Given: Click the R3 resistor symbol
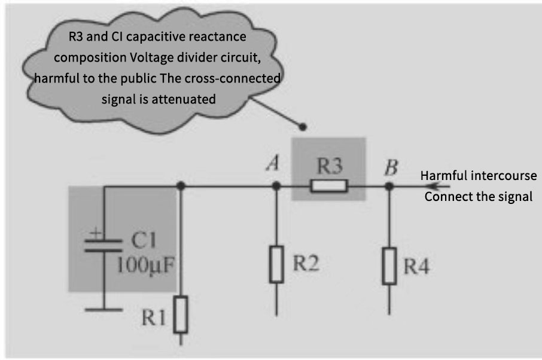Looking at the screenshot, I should pyautogui.click(x=328, y=187).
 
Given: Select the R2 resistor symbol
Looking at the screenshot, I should pyautogui.click(x=276, y=263).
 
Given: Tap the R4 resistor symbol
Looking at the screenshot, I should pyautogui.click(x=389, y=266).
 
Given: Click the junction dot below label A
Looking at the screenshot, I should pyautogui.click(x=276, y=187).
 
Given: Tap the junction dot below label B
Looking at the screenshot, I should pyautogui.click(x=389, y=187).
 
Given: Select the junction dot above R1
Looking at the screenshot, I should pyautogui.click(x=181, y=187).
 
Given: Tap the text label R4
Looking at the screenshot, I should pyautogui.click(x=416, y=266).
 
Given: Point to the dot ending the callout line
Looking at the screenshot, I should pyautogui.click(x=303, y=127).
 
